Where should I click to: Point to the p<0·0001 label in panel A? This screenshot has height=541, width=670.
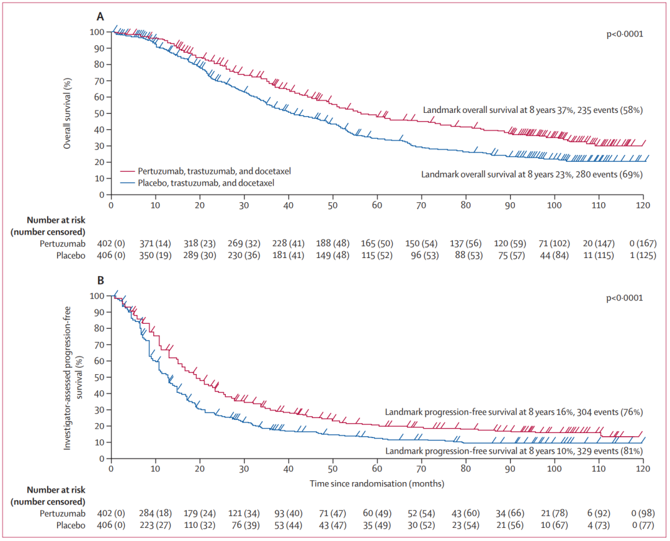click(x=625, y=34)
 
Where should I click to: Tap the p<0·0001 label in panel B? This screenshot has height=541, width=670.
click(x=625, y=298)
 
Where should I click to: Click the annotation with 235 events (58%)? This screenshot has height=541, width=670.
click(x=533, y=110)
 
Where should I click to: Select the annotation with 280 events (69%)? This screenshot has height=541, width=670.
click(x=532, y=175)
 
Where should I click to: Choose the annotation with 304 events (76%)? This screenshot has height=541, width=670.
click(x=513, y=412)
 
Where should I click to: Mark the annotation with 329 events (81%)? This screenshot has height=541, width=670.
click(x=514, y=450)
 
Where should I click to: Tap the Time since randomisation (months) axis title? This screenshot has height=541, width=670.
click(x=378, y=483)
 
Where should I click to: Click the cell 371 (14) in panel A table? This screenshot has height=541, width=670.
click(x=154, y=244)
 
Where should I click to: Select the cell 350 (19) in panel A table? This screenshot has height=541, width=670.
click(x=154, y=256)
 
